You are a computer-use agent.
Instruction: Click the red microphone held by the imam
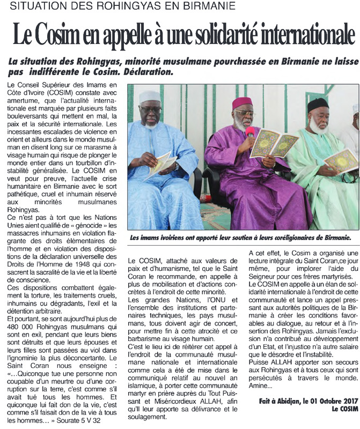(x=249, y=131)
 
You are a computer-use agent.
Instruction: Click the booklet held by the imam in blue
(x=163, y=162)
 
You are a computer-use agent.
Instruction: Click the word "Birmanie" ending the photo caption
(x=334, y=236)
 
